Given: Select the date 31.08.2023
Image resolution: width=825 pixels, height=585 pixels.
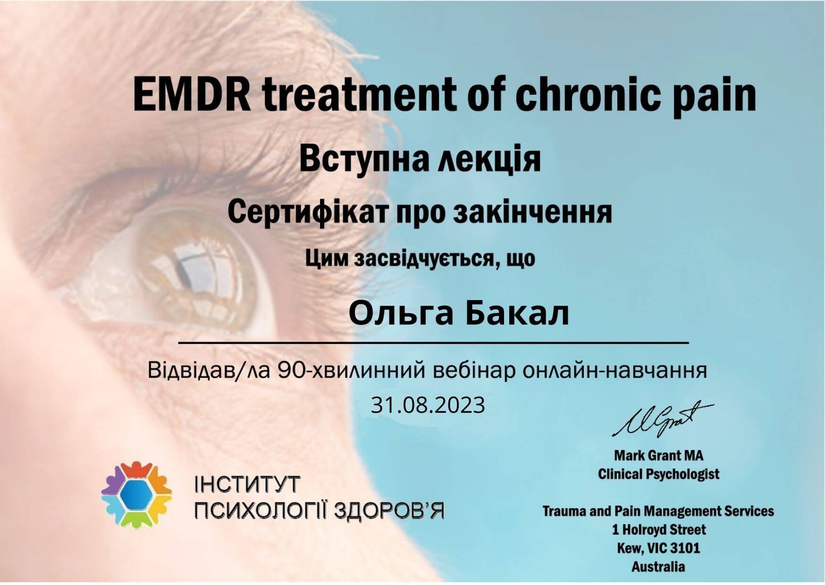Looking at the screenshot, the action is pyautogui.click(x=428, y=405).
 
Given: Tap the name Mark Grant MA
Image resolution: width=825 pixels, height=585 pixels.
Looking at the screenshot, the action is pyautogui.click(x=658, y=455).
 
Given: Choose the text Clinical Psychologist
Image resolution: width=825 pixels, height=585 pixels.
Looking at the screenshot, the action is pyautogui.click(x=658, y=474).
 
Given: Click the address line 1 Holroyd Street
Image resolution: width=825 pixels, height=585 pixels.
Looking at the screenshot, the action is pyautogui.click(x=658, y=529).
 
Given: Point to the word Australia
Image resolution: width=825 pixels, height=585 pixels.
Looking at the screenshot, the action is pyautogui.click(x=658, y=566).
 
